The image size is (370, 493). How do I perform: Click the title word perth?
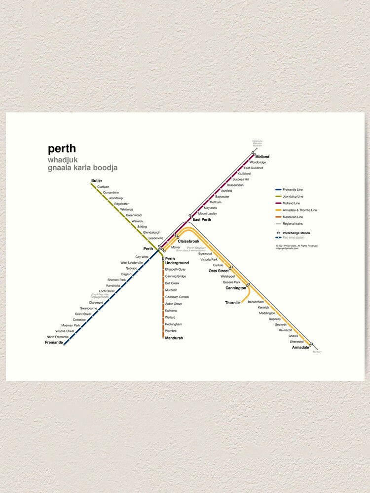62,149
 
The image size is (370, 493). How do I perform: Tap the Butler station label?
97,181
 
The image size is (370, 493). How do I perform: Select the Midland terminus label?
262,157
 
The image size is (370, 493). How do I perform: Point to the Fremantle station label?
54,342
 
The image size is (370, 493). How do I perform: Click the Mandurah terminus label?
174,338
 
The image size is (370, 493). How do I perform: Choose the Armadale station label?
300,348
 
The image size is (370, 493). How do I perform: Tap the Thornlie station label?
232,302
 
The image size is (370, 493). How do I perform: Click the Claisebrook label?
188,241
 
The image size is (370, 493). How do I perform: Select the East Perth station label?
202,219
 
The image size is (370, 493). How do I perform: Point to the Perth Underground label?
177,261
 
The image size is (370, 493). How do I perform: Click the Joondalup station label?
115,198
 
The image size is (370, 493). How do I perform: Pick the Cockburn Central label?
177,297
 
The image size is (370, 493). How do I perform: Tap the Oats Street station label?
219,271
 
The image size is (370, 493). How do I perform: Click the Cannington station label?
236,288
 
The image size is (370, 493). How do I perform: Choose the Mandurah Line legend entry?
293,217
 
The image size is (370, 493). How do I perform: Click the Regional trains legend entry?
293,224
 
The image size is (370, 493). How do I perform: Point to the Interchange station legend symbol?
278,233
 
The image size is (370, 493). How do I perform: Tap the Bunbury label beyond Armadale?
317,352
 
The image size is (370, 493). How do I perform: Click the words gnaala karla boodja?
82,168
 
